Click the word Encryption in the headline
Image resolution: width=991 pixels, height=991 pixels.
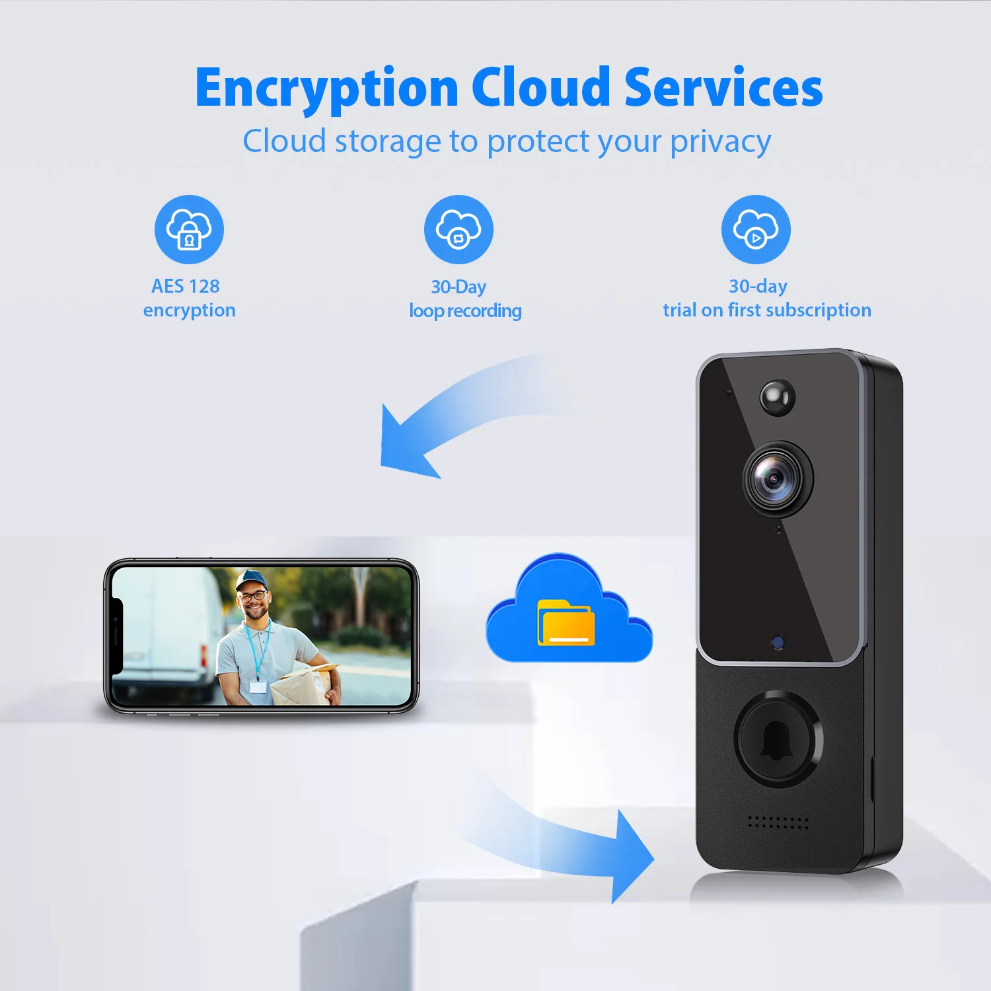point(326,89)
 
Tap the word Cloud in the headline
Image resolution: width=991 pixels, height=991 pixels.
point(540,87)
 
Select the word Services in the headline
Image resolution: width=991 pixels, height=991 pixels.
point(723,87)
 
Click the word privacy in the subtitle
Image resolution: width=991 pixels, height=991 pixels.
point(720,142)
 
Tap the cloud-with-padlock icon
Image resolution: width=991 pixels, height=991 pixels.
point(189,229)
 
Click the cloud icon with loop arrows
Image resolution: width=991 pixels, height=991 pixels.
point(459,229)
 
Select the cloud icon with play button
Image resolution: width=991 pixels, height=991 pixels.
point(756,229)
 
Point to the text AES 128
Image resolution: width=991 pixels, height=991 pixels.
point(186,286)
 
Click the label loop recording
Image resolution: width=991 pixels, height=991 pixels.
point(465,311)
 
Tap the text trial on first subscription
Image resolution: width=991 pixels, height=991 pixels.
point(767,310)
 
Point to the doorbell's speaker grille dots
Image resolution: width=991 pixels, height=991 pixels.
point(778,823)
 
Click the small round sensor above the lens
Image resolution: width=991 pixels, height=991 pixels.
point(777,396)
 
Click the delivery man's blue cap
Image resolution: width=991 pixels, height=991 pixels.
point(250,579)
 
